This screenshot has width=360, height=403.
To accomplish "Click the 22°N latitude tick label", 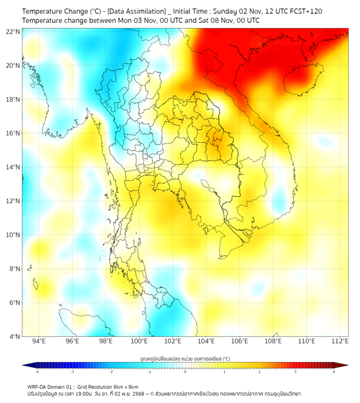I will pyautogui.click(x=13, y=32).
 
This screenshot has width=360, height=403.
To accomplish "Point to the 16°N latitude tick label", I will pyautogui.click(x=13, y=133).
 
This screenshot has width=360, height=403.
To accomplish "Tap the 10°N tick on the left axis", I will pyautogui.click(x=13, y=235).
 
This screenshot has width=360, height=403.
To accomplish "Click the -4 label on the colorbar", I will pyautogui.click(x=37, y=372).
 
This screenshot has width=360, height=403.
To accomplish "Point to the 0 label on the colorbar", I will pyautogui.click(x=185, y=372).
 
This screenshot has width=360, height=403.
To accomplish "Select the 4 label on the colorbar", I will pyautogui.click(x=333, y=372).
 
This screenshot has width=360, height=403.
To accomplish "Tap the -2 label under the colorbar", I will pyautogui.click(x=111, y=372).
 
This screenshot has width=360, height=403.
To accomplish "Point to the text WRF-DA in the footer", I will pyautogui.click(x=39, y=386).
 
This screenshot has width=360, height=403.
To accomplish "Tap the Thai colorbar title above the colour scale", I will pyautogui.click(x=185, y=359).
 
